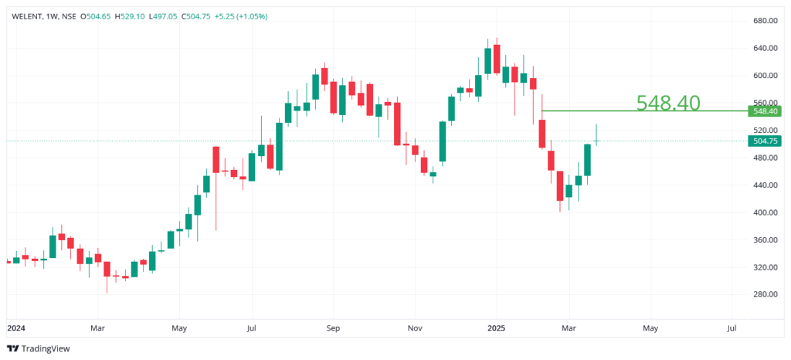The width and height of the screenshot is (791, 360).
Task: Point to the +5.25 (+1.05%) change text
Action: coord(241,15)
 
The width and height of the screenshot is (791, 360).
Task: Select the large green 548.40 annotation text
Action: coord(667,103)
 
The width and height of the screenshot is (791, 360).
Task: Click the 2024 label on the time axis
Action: coord(15,328)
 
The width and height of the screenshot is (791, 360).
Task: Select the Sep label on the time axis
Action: coord(333,328)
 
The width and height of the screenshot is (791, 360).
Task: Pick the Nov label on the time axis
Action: coord(415,328)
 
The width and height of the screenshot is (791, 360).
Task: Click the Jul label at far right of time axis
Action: coord(732,328)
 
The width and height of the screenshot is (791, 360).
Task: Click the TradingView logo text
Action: coord(45,348)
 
